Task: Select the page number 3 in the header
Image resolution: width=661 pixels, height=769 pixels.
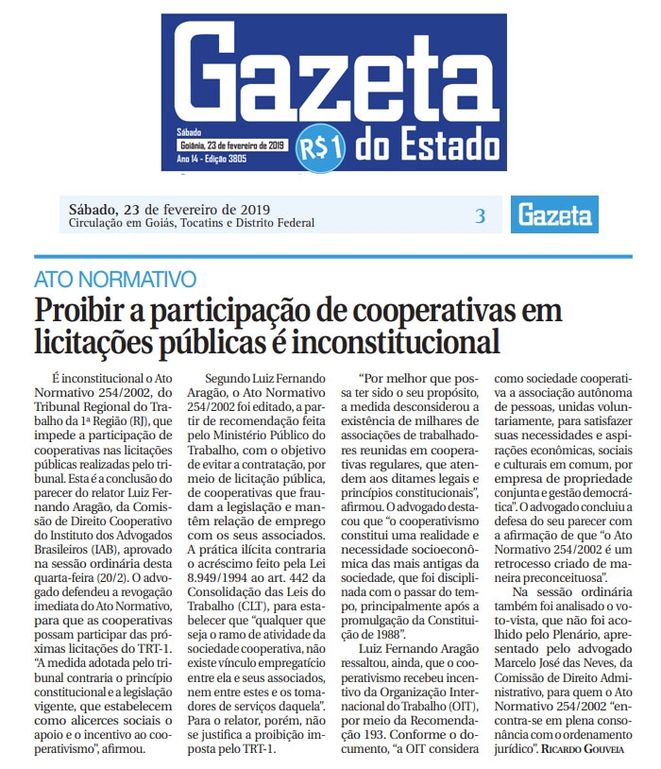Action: tap(480, 215)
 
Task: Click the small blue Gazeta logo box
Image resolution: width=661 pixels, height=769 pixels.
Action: tap(554, 215)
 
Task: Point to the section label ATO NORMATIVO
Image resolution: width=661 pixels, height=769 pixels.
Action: tap(115, 280)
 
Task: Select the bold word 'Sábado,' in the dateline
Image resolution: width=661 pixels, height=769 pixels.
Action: tap(93, 209)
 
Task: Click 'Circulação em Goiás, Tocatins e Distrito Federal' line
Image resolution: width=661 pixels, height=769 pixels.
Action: tap(192, 224)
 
